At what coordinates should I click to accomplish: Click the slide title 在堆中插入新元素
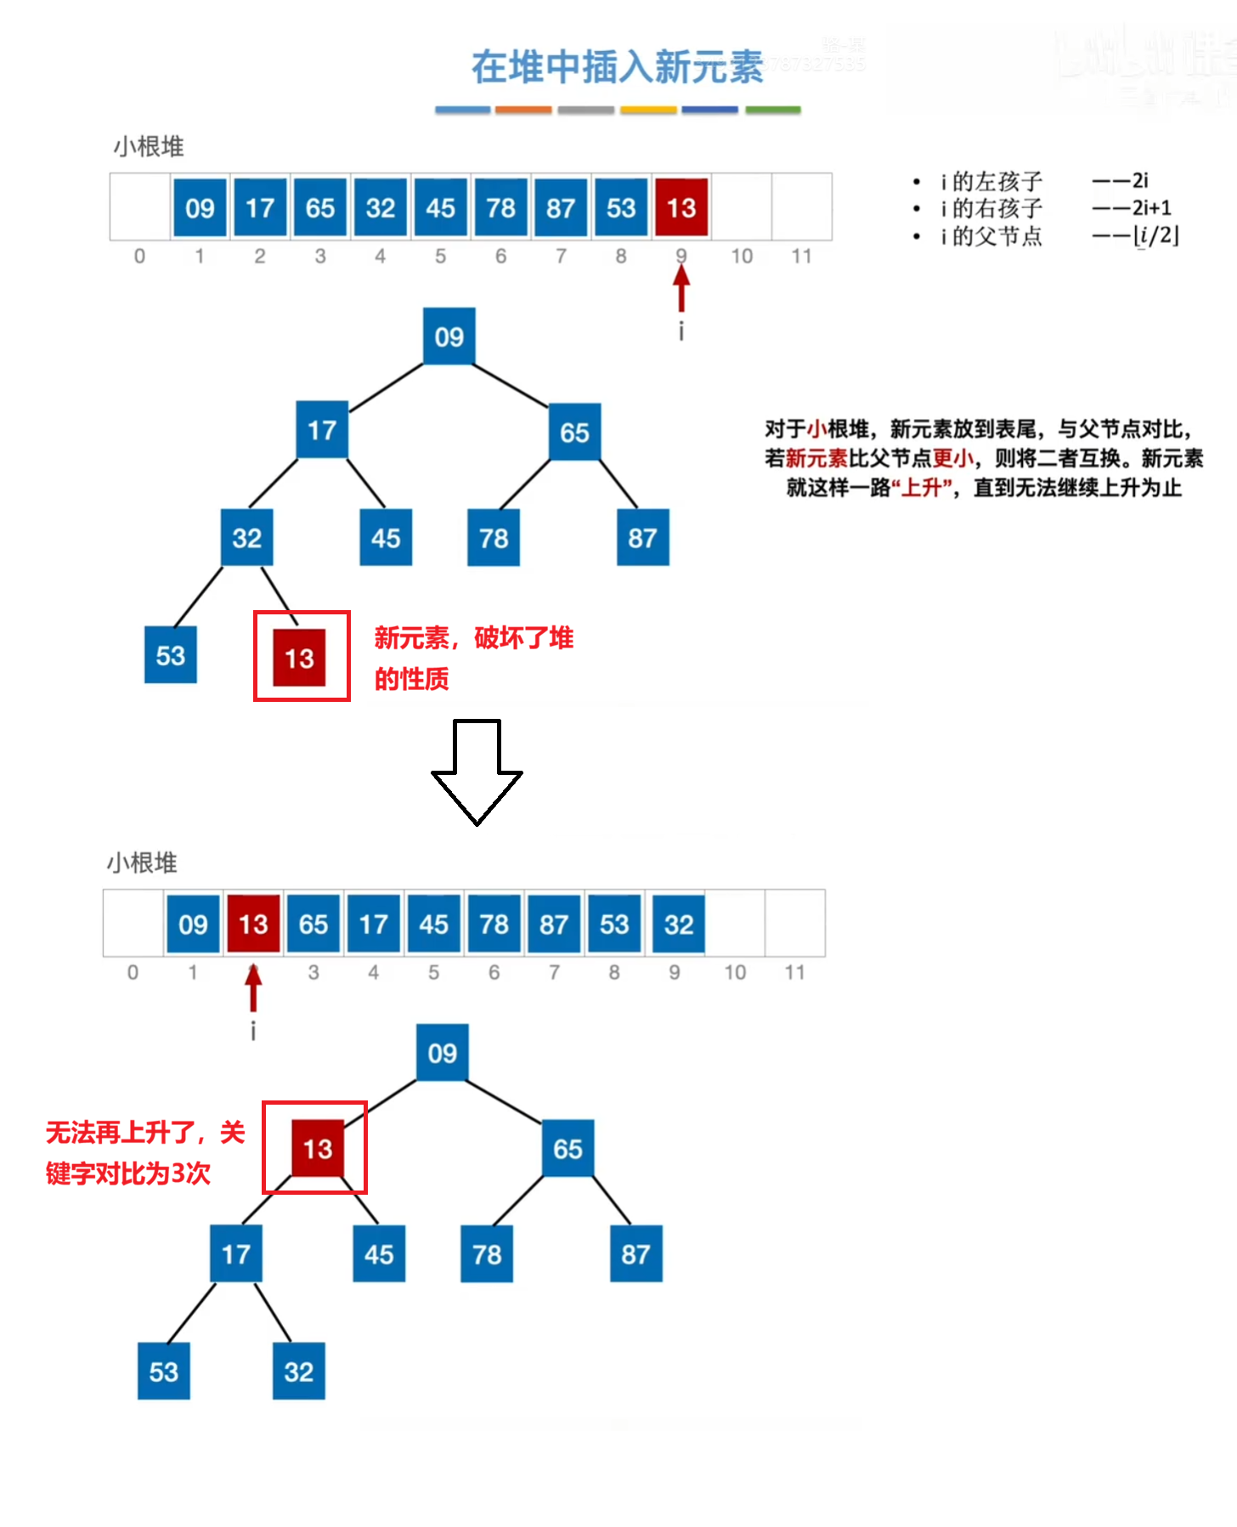pos(618,67)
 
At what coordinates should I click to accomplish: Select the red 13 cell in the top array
pos(681,207)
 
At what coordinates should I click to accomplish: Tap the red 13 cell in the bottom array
pos(253,924)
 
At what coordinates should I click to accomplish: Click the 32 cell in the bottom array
pos(679,924)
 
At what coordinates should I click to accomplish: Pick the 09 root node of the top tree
pos(449,337)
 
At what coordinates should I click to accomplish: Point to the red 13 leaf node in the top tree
pos(299,658)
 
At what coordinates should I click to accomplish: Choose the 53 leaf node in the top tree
pos(171,655)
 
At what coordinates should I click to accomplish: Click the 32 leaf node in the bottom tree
pos(299,1371)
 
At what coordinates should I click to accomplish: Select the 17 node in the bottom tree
pos(236,1254)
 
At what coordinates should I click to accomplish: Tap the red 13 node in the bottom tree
pos(318,1149)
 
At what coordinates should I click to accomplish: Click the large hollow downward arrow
pos(477,772)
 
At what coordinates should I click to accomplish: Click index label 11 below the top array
pos(801,256)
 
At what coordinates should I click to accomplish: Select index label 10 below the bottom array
pos(735,972)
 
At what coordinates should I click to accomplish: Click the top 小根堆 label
pos(150,146)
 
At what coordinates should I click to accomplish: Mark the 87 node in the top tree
pos(642,538)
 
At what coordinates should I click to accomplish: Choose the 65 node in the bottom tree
pos(568,1149)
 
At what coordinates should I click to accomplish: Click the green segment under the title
pos(772,110)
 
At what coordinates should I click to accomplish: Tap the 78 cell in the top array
pos(500,207)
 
